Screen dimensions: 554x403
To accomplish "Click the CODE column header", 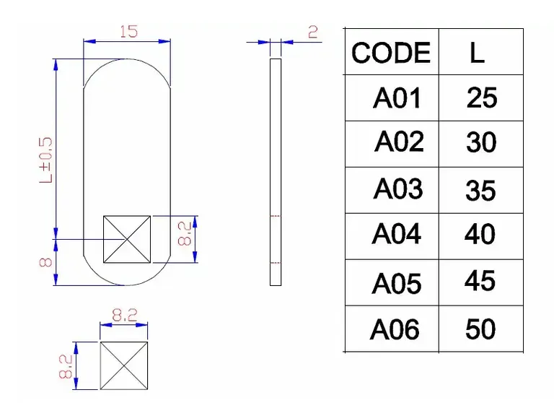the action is pyautogui.click(x=391, y=53).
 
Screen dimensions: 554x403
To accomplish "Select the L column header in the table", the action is pyautogui.click(x=477, y=53).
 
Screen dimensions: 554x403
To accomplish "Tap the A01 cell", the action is pyautogui.click(x=397, y=97).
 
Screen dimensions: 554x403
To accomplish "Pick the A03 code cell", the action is pyautogui.click(x=398, y=188).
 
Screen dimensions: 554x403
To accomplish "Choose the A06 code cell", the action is pyautogui.click(x=395, y=329).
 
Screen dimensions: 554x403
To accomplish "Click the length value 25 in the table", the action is pyautogui.click(x=482, y=97).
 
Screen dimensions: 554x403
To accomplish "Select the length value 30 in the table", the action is pyautogui.click(x=481, y=142).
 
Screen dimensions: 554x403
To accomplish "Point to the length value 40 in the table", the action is pyautogui.click(x=480, y=233).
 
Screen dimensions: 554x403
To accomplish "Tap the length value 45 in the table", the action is pyautogui.click(x=480, y=280).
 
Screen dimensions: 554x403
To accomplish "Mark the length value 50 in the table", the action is pyautogui.click(x=480, y=329).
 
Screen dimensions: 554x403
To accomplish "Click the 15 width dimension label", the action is pyautogui.click(x=128, y=32).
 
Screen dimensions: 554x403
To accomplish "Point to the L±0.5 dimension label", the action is pyautogui.click(x=46, y=160).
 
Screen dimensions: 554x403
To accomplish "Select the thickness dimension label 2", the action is pyautogui.click(x=313, y=32).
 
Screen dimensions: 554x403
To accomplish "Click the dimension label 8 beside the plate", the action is pyautogui.click(x=46, y=262).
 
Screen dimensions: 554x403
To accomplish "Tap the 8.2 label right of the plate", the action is pyautogui.click(x=185, y=233).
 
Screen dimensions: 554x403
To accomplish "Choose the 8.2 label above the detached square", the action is pyautogui.click(x=125, y=315).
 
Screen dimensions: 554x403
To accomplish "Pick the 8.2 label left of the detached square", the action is pyautogui.click(x=66, y=367).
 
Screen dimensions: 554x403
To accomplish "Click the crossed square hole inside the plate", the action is pyautogui.click(x=127, y=239).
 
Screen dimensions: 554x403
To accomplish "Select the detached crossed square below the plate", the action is pyautogui.click(x=123, y=365).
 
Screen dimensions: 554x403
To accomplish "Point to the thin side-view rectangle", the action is pyautogui.click(x=276, y=172).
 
